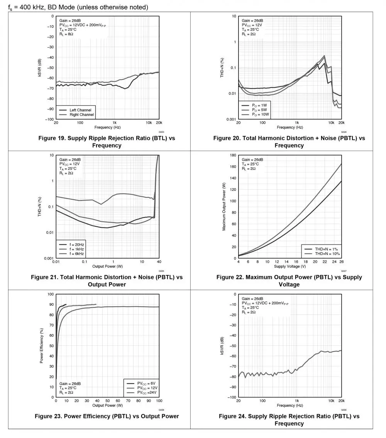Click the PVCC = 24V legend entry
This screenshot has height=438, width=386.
coord(147,392)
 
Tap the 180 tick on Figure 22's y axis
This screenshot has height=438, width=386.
coord(233,155)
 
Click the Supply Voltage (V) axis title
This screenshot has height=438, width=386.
coord(289,267)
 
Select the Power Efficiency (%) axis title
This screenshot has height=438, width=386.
coord(41,346)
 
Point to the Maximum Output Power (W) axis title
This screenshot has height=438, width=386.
coord(224,207)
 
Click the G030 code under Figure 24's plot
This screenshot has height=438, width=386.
coord(344,410)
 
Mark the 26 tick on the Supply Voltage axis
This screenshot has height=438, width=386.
coord(341,262)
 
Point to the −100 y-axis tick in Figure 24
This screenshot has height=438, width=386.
coord(231,397)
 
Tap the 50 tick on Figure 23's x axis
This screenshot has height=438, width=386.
coord(107,401)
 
